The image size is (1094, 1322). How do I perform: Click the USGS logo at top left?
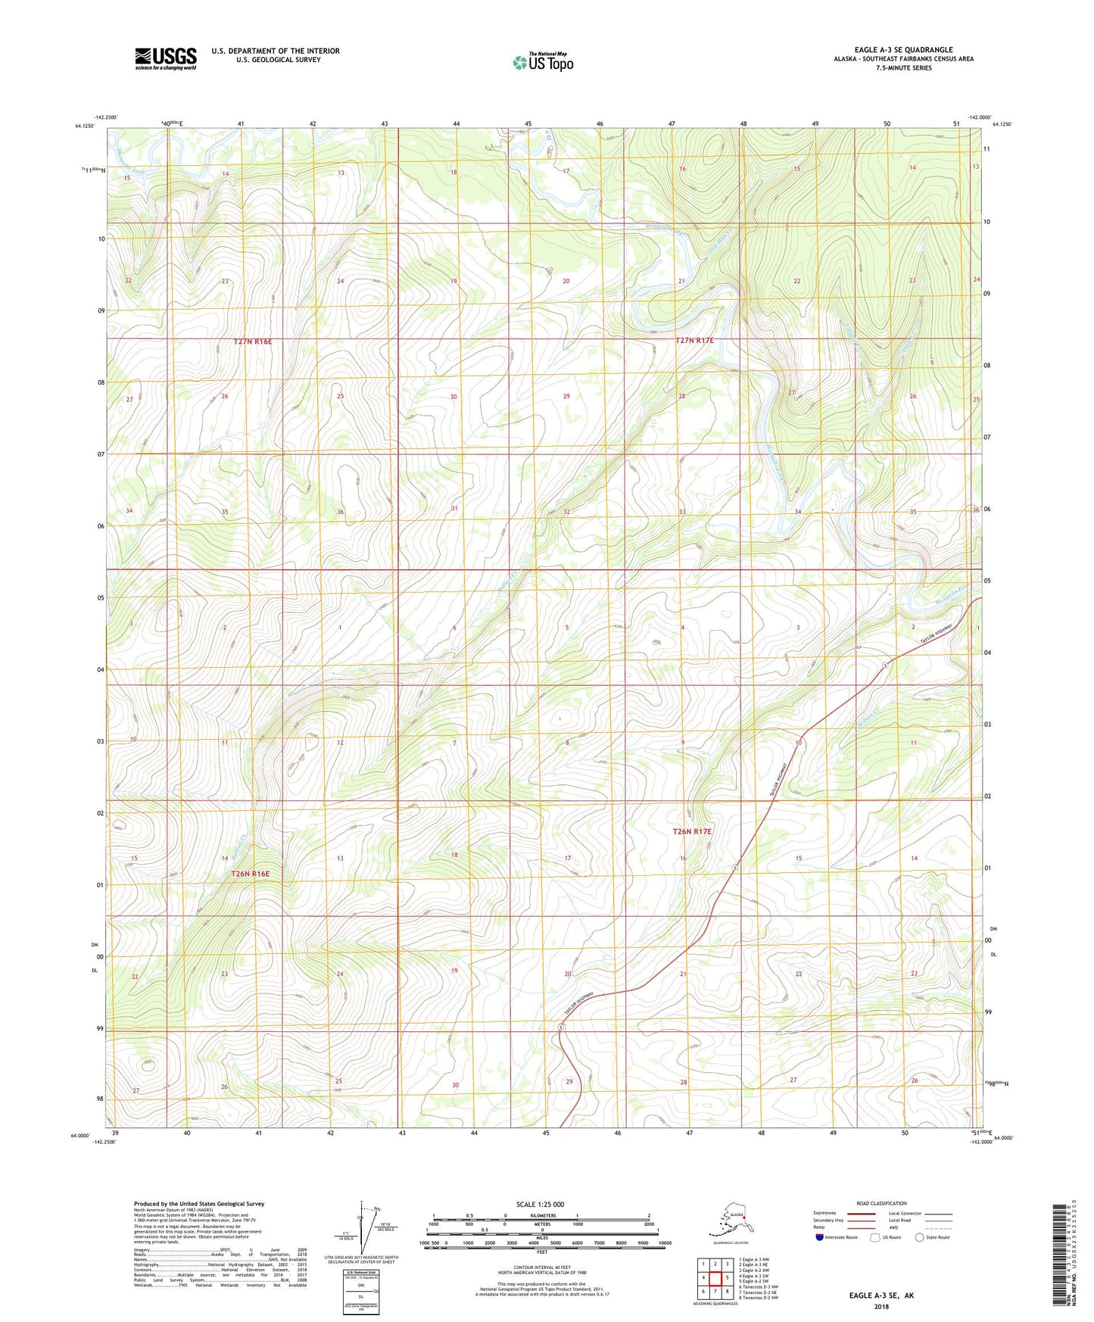pos(165,58)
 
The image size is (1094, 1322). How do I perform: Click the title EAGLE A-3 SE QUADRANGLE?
pos(903,50)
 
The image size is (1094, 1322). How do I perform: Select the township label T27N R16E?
pos(252,341)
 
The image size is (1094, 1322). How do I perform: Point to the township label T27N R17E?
pos(694,341)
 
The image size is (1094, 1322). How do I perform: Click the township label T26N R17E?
pos(692,831)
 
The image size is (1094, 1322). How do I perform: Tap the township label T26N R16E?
pos(251,873)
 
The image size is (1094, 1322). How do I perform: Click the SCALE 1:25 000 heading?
pos(541,1205)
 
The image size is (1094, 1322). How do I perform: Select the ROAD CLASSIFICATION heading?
pos(881,1203)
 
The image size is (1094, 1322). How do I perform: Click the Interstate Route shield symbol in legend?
pos(819,1237)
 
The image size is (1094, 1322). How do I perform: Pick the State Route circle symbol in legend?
pos(919,1237)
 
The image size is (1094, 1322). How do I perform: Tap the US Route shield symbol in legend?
pos(875,1237)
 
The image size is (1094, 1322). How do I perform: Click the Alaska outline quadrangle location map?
pos(728,1218)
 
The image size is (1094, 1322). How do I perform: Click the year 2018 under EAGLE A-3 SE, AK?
pos(881,1306)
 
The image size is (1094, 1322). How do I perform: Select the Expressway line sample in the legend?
pos(861,1213)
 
